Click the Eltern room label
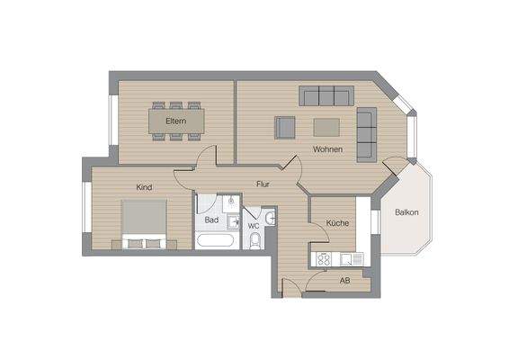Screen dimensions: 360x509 pyautogui.click(x=175, y=121)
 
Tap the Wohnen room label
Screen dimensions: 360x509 pyautogui.click(x=327, y=148)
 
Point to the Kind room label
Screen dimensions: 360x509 pyautogui.click(x=144, y=187)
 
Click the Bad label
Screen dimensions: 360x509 pyautogui.click(x=211, y=220)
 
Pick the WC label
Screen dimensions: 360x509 pyautogui.click(x=254, y=225)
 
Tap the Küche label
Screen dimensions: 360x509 pyautogui.click(x=337, y=222)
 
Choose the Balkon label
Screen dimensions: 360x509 pyautogui.click(x=406, y=212)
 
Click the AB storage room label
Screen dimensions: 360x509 pyautogui.click(x=344, y=281)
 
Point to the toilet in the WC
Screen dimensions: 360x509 pyautogui.click(x=255, y=240)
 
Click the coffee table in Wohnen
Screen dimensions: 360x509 pyautogui.click(x=326, y=126)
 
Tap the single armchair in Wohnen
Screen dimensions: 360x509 pyautogui.click(x=285, y=128)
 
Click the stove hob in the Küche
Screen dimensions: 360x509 pyautogui.click(x=322, y=259)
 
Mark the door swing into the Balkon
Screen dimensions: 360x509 pyautogui.click(x=397, y=168)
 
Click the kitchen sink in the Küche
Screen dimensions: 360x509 pyautogui.click(x=350, y=259)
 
